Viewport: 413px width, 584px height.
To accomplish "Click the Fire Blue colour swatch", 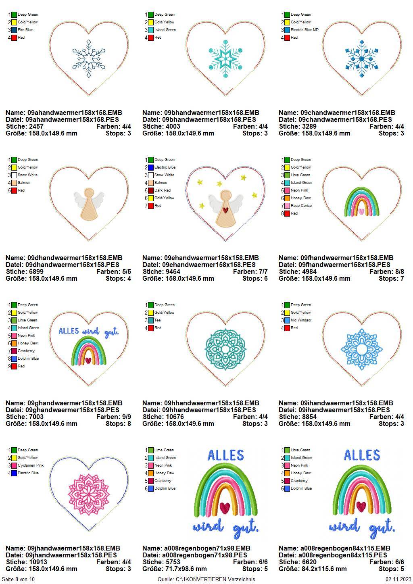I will (14, 30).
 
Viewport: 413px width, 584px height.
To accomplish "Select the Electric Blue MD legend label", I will (305, 30).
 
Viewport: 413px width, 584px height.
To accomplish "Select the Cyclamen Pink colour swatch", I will (14, 465).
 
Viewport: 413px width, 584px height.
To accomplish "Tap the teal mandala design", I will (225, 348).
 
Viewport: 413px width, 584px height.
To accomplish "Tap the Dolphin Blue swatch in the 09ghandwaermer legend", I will (14, 359).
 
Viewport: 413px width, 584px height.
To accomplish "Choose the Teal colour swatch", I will (150, 320).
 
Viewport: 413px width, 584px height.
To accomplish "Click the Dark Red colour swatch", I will (150, 190).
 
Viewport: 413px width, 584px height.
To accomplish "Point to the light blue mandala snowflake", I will (361, 348).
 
